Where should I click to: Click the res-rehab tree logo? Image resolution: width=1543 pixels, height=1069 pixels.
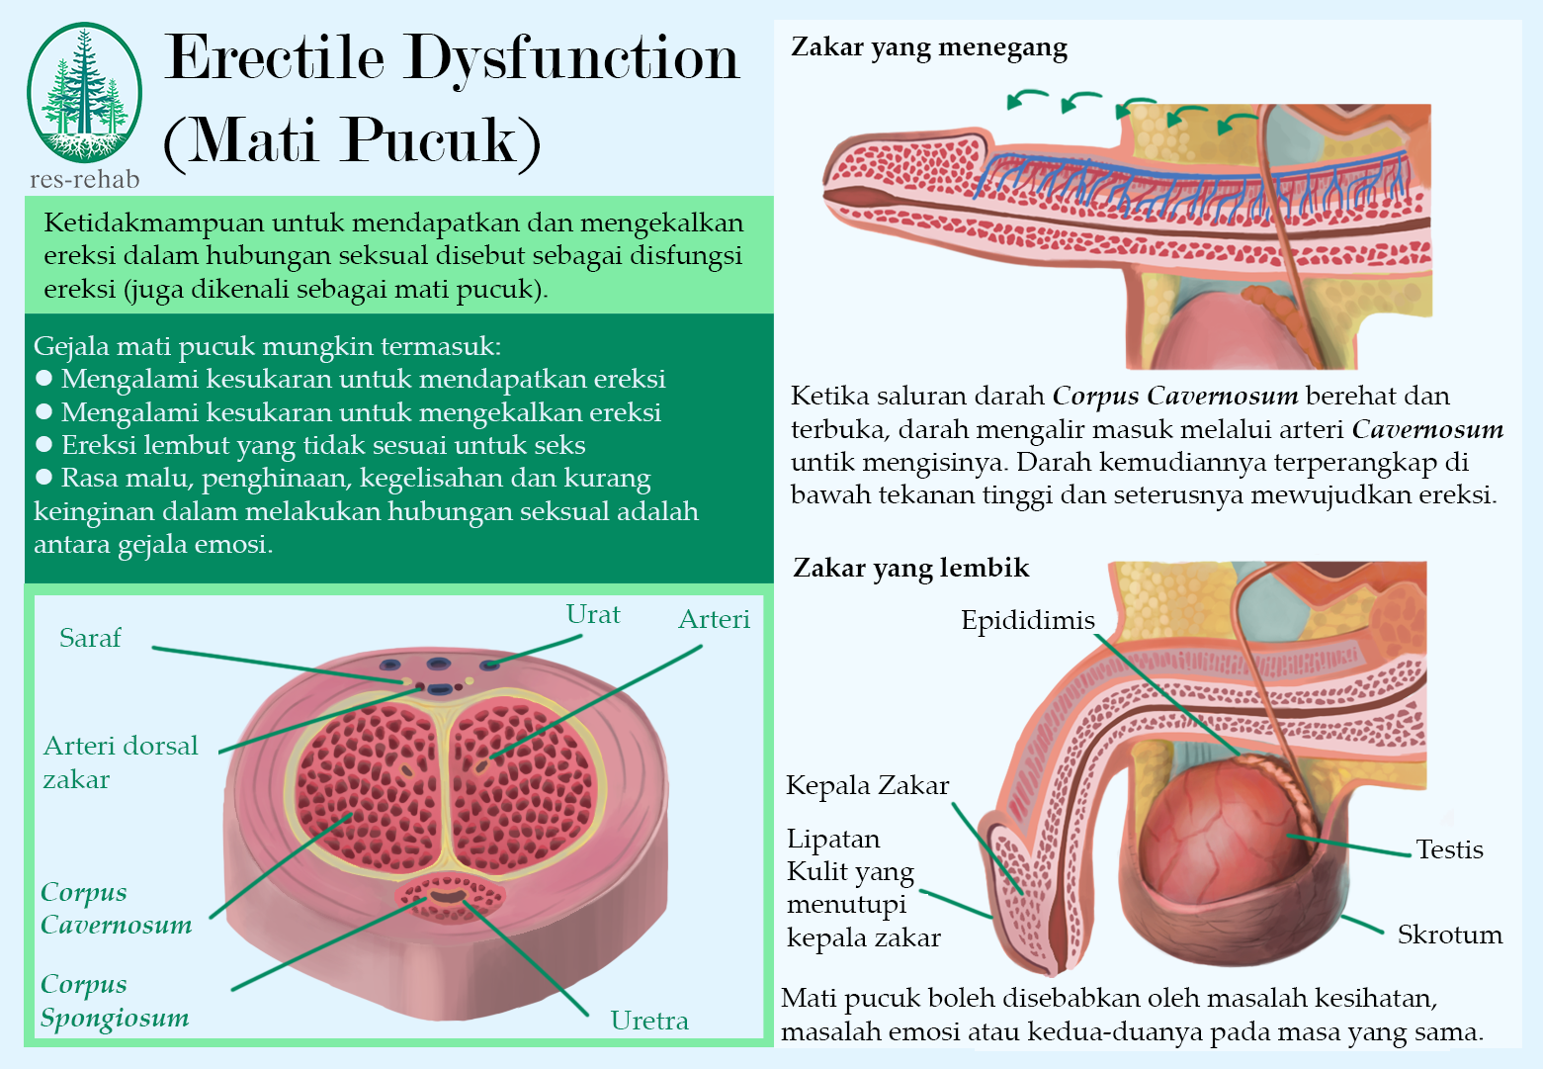point(84,94)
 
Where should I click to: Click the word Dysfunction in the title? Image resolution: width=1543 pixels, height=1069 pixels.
point(572,57)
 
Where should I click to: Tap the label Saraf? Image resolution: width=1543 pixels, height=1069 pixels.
point(90,638)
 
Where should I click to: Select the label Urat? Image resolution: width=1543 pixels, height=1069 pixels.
point(593,614)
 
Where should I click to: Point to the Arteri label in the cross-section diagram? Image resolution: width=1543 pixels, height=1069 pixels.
point(714,619)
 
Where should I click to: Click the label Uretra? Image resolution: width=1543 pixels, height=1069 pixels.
point(649,1021)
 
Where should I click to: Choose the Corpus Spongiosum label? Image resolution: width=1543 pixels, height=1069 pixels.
point(115,1001)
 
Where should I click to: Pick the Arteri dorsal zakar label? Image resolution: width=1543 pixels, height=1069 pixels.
point(120,761)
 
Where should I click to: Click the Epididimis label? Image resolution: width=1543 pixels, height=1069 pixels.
point(1028,620)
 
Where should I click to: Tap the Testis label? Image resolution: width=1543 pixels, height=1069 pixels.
point(1449,849)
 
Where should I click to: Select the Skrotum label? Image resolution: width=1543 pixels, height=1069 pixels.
point(1449,935)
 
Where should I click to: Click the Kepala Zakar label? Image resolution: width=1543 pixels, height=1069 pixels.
point(867,785)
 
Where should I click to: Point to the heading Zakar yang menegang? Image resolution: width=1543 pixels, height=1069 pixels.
point(929,47)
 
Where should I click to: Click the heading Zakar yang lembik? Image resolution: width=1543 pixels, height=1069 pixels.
point(910,568)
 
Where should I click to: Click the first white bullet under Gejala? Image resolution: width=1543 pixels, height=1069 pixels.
point(43,379)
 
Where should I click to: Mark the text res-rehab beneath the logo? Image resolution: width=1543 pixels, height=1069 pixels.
point(85,179)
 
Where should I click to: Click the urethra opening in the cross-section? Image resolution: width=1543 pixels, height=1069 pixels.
point(447,896)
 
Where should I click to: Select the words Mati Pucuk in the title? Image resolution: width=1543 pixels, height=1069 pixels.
point(352,140)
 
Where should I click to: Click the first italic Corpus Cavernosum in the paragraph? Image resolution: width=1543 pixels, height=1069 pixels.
point(1174,397)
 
